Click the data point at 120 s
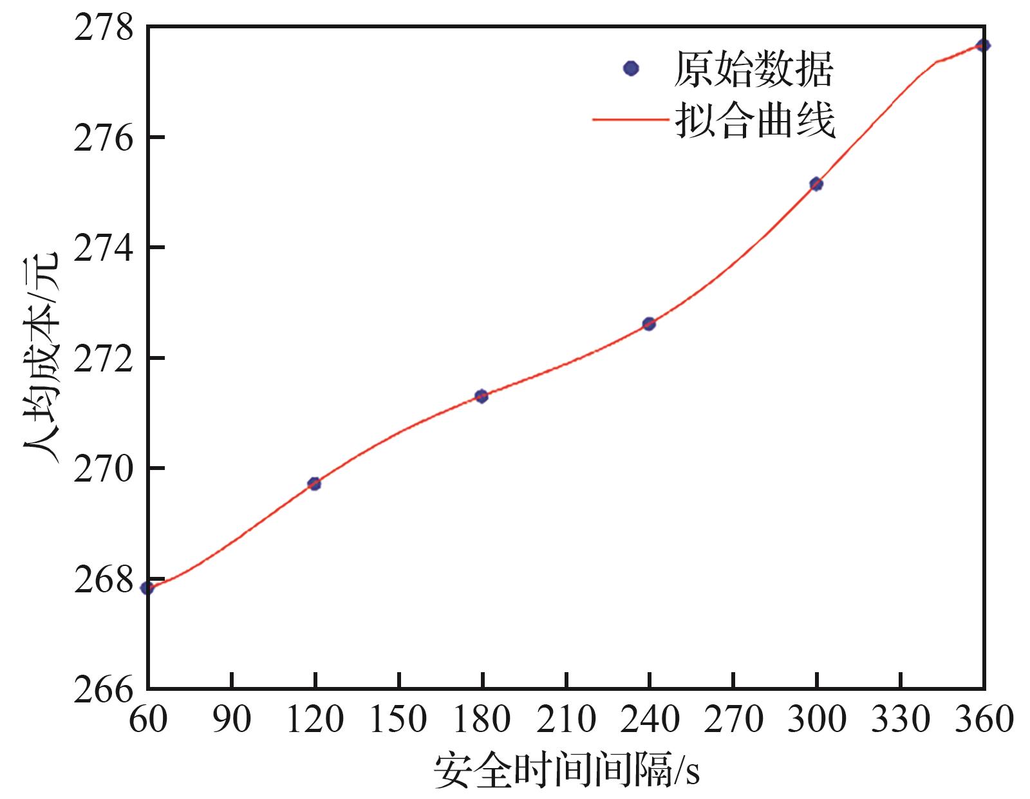[x=314, y=484]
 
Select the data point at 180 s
[x=482, y=396]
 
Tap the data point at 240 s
[x=649, y=323]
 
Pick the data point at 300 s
[x=816, y=184]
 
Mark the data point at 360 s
[x=983, y=45]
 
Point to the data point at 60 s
[x=147, y=587]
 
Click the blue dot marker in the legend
[x=632, y=68]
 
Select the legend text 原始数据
[x=753, y=69]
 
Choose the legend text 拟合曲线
[x=754, y=119]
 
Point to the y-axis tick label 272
[x=103, y=358]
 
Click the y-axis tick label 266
[x=103, y=689]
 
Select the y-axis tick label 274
[x=103, y=248]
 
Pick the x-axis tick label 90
[x=231, y=719]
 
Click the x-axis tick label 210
[x=566, y=719]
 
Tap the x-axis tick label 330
[x=900, y=719]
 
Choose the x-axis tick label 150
[x=398, y=719]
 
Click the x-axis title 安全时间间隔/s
[x=566, y=769]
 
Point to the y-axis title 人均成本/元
[x=42, y=358]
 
